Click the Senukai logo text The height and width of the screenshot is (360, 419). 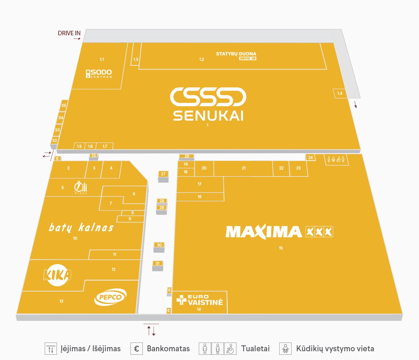(208, 116)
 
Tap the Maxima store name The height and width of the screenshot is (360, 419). (264, 232)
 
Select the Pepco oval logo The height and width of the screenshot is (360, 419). (110, 297)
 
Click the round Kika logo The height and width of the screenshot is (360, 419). (57, 275)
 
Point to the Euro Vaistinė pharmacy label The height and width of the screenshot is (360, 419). (200, 300)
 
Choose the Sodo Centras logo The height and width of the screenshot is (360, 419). (99, 74)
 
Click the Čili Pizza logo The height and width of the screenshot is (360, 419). (80, 187)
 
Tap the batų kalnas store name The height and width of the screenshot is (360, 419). (81, 227)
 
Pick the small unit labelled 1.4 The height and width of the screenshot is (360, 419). (340, 93)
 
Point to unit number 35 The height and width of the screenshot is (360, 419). (64, 106)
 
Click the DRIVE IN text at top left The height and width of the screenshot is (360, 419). (69, 33)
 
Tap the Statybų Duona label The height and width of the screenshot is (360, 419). (236, 54)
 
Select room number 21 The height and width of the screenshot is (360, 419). (244, 168)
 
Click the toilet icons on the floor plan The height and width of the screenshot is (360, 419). (336, 159)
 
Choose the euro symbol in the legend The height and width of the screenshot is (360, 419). (137, 348)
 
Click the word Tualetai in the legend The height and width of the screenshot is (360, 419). (255, 348)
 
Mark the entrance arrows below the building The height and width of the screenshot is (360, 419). (151, 331)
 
